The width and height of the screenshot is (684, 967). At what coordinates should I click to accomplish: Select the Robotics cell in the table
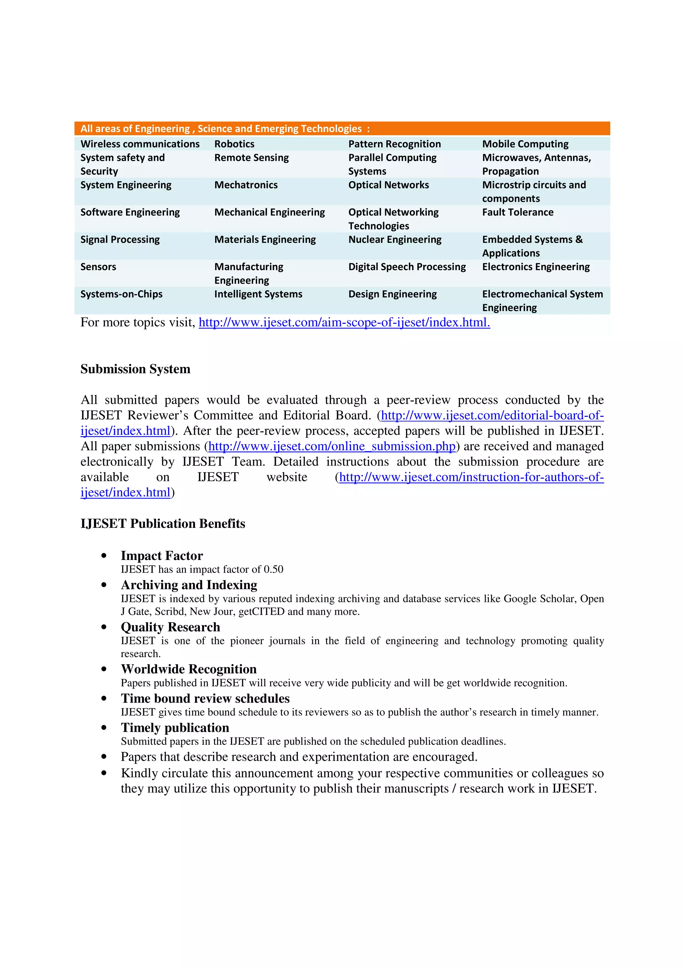click(234, 144)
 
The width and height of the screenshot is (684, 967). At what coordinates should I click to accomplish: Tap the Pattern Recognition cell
click(394, 144)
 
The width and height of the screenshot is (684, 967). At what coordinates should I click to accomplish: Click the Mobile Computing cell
click(525, 144)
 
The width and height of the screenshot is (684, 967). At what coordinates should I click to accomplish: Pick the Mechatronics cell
click(246, 185)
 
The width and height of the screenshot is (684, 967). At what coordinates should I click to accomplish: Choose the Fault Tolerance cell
click(518, 212)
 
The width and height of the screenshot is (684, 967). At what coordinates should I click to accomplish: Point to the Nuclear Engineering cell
click(394, 240)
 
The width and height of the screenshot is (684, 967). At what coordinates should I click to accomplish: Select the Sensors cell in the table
click(98, 267)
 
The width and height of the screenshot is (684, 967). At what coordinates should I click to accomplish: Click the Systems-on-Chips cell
click(121, 294)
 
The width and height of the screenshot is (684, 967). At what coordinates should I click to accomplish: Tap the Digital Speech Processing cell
click(407, 267)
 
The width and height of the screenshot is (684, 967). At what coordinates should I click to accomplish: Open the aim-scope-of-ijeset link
click(344, 323)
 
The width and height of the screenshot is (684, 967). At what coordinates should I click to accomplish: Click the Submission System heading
click(135, 369)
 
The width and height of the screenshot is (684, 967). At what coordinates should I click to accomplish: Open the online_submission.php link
click(332, 446)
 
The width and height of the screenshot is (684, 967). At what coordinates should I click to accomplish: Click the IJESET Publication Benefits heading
click(163, 524)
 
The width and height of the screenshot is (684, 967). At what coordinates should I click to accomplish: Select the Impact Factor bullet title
click(162, 556)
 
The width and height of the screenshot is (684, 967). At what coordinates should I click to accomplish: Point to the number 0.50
click(274, 569)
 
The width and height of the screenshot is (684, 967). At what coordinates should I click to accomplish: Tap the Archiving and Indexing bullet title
click(189, 585)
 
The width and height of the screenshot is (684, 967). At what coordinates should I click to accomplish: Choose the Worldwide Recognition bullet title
click(188, 669)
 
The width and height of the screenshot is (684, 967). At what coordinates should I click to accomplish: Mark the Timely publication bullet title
click(175, 728)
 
